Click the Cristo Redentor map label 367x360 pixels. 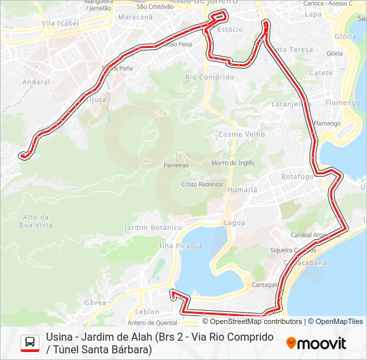click(x=202, y=184)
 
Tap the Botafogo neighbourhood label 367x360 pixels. click(x=297, y=177)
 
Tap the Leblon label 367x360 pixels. click(x=147, y=311)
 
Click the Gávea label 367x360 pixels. click(x=95, y=302)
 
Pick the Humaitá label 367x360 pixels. click(x=242, y=189)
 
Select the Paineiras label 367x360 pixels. click(x=176, y=165)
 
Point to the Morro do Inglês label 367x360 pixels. click(x=233, y=163)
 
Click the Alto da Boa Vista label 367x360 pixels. click(x=37, y=221)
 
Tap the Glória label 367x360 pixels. click(x=346, y=37)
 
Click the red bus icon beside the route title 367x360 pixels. click(x=30, y=343)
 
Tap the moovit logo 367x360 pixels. click(x=316, y=343)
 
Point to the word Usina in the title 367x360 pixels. click(x=60, y=337)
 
